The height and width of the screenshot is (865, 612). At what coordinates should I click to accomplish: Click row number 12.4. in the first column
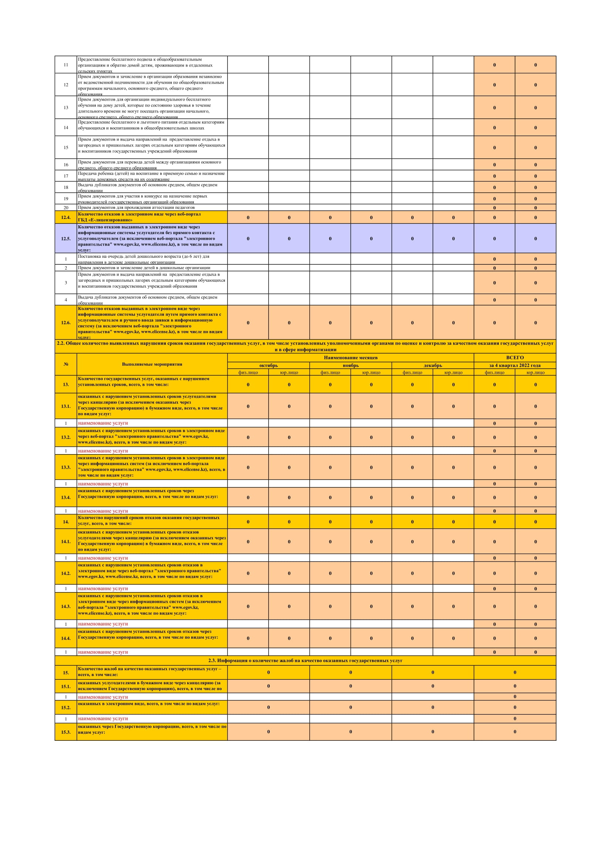65,217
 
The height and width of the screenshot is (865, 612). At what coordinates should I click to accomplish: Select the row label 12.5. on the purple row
65,239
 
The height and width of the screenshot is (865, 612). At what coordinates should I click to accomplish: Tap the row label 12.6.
65,322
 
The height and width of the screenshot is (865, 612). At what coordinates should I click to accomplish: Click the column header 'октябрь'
268,365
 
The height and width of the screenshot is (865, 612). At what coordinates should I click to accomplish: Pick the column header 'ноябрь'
350,365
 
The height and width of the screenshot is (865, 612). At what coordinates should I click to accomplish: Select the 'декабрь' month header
433,365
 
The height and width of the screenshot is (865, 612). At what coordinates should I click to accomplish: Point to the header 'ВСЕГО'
515,357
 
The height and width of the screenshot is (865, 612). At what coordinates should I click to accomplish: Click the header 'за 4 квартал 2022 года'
515,365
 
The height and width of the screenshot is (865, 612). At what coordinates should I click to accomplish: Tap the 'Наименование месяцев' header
350,357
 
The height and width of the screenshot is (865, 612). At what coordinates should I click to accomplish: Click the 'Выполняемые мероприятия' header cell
152,364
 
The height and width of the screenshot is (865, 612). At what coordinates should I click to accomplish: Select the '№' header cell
65,364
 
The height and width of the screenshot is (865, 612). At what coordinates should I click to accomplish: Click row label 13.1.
65,406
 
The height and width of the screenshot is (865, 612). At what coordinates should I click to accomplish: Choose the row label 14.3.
65,606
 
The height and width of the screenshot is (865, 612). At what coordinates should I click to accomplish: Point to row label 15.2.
65,707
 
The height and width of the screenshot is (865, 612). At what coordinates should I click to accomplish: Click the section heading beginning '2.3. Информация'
305,660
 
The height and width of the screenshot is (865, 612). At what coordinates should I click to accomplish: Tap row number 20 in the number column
65,207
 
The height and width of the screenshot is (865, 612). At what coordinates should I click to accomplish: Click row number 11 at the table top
65,65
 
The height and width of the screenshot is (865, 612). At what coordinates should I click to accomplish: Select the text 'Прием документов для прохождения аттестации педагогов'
136,207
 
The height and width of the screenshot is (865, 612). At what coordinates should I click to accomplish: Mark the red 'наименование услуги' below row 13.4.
103,511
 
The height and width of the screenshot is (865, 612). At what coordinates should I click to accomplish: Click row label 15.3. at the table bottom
65,731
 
